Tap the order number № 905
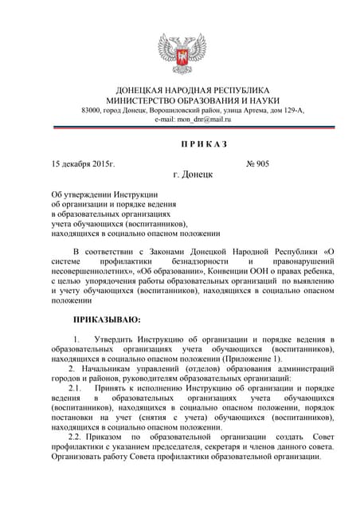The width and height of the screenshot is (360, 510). (x=258, y=163)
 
